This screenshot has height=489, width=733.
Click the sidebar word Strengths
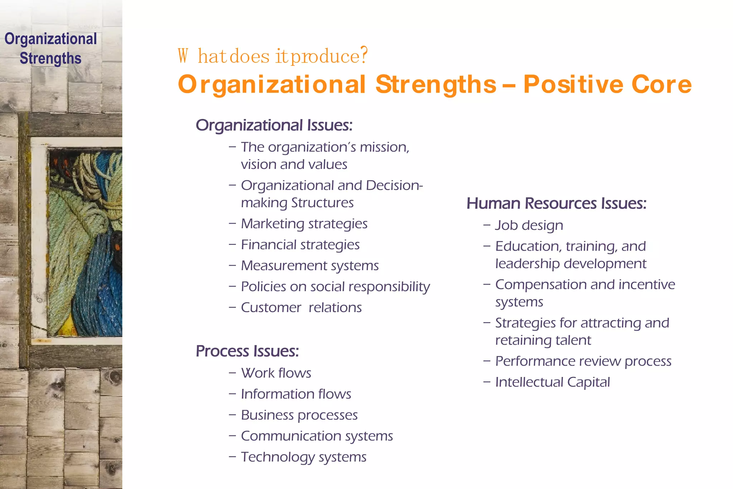(x=50, y=58)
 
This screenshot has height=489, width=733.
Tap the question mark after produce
(x=364, y=55)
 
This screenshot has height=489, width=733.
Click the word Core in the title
(x=661, y=84)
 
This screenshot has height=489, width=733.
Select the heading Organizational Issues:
(x=274, y=125)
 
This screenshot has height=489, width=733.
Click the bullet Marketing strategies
(x=304, y=224)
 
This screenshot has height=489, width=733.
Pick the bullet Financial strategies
(x=300, y=245)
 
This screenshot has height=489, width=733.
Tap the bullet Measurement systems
(x=310, y=266)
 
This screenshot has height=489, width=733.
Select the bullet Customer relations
(x=301, y=308)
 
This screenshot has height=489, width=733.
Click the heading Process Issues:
(x=247, y=351)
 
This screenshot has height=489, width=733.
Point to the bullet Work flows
(x=276, y=373)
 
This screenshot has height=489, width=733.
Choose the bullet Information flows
(x=296, y=394)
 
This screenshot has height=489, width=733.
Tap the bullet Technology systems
(x=304, y=457)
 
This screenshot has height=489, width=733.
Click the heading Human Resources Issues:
(x=556, y=203)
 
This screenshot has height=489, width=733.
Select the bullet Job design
(x=529, y=226)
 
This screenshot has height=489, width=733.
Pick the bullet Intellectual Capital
(x=552, y=382)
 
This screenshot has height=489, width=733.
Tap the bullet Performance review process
(x=583, y=361)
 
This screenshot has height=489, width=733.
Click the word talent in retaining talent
(x=573, y=340)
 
